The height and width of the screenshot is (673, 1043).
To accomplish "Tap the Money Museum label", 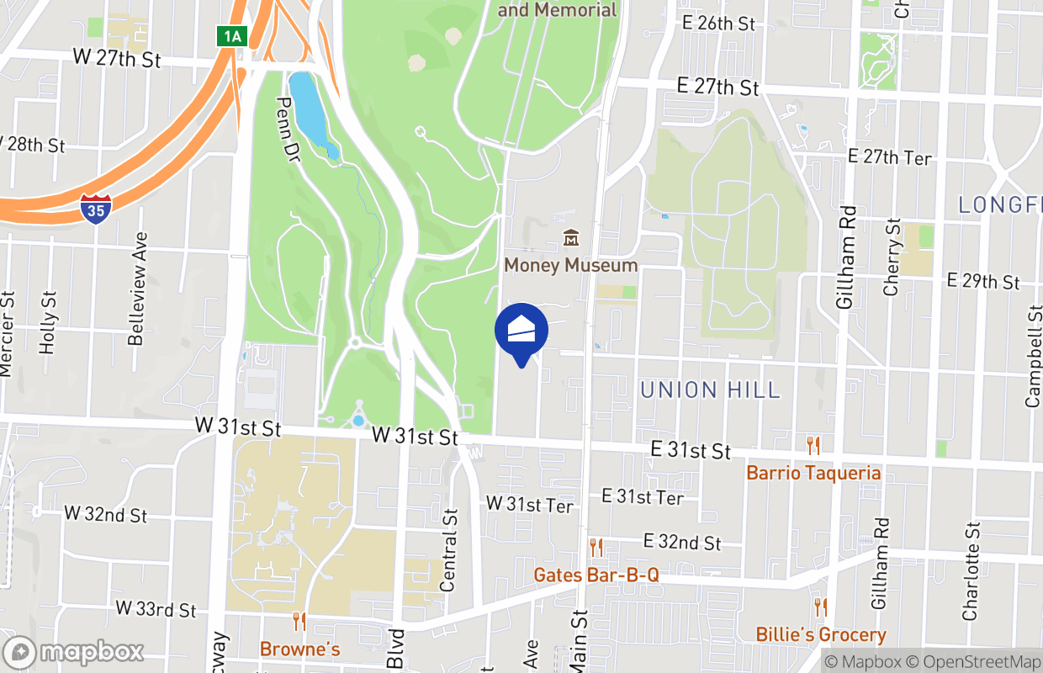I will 570,265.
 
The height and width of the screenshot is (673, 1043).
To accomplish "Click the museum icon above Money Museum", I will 571,238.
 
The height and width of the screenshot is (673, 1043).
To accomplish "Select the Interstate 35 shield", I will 96,209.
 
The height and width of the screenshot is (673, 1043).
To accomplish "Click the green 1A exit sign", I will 231,35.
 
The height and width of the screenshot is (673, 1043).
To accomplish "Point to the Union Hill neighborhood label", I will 710,389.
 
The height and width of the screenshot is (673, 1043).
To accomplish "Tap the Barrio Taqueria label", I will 813,473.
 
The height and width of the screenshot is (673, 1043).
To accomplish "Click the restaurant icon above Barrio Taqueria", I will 813,445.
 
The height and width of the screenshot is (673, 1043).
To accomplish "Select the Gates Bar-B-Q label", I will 596,575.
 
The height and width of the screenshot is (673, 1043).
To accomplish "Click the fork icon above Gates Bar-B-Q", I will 596,548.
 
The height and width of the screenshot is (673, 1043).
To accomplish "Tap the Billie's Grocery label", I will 820,634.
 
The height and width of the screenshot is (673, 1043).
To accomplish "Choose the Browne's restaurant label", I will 299,649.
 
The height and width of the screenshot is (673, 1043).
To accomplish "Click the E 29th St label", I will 982,281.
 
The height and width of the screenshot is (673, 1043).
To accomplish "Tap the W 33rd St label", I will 156,609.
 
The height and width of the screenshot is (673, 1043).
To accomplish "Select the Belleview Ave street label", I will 136,289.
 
